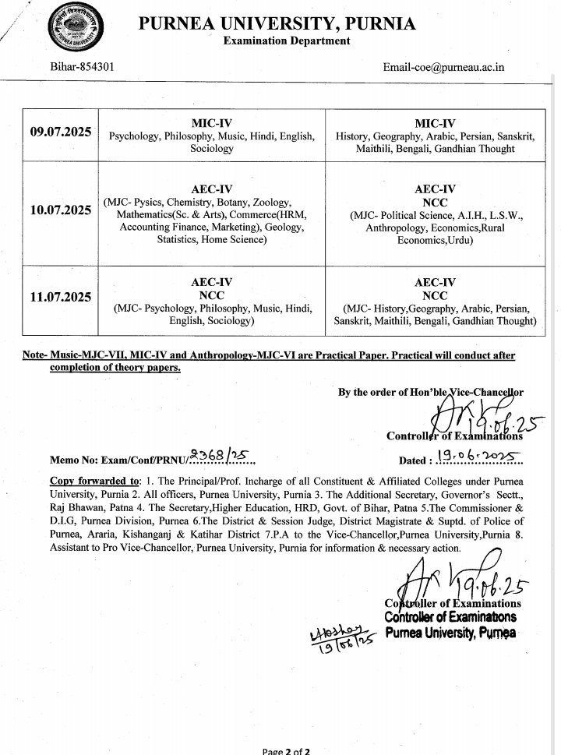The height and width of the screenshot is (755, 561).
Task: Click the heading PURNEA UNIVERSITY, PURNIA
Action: [277, 24]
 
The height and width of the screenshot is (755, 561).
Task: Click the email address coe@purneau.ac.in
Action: [443, 67]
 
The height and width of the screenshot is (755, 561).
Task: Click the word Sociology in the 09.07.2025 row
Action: [212, 147]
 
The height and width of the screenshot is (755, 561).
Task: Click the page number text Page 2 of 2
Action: [286, 749]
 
